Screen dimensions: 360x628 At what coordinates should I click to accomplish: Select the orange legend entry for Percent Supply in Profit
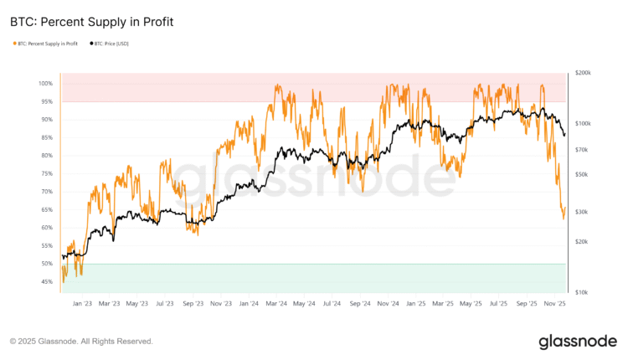pyautogui.click(x=46, y=43)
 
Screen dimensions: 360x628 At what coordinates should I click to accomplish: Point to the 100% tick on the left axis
pyautogui.click(x=44, y=84)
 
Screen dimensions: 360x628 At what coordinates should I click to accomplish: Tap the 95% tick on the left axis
pyautogui.click(x=45, y=101)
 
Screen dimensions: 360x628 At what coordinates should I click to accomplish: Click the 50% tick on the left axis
pyautogui.click(x=45, y=264)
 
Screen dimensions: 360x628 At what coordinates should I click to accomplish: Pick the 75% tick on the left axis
pyautogui.click(x=45, y=173)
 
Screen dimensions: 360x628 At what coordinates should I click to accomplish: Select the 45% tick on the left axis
pyautogui.click(x=45, y=281)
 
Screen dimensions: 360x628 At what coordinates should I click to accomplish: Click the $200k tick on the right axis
pyautogui.click(x=583, y=74)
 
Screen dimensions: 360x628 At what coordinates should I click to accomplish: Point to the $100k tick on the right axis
pyautogui.click(x=583, y=124)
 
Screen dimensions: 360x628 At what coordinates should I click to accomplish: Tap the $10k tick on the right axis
pyautogui.click(x=583, y=292)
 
